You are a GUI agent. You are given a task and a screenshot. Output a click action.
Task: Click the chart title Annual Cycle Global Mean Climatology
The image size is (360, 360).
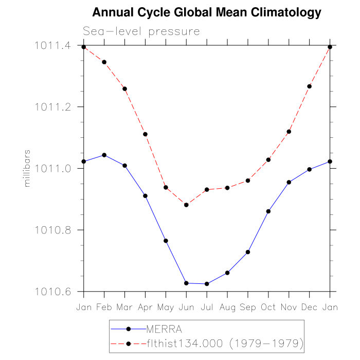click(x=206, y=12)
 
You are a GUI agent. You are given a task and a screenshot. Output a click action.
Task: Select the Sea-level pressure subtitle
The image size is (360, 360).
click(x=141, y=31)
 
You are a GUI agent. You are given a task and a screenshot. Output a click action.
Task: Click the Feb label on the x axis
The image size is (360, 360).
click(x=104, y=307)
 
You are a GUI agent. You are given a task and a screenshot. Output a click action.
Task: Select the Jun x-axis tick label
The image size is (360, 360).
click(x=186, y=307)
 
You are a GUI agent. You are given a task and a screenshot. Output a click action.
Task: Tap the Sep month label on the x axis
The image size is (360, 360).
click(x=248, y=307)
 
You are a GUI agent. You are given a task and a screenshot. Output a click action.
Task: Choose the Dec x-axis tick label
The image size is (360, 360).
click(x=309, y=307)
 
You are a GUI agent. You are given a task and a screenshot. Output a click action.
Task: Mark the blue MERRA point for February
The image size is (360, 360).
click(x=104, y=155)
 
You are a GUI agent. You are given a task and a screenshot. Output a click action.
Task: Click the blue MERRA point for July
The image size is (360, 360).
click(x=207, y=284)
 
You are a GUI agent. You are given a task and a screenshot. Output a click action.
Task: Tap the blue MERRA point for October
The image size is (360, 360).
click(x=268, y=211)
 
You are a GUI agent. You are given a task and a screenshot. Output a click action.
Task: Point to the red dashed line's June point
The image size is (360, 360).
click(x=186, y=205)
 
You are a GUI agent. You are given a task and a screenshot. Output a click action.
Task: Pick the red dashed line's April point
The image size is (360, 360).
click(x=146, y=134)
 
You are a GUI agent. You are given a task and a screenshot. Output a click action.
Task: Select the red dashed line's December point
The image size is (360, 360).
click(x=309, y=86)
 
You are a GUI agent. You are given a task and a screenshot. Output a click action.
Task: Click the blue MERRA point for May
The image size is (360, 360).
click(x=166, y=241)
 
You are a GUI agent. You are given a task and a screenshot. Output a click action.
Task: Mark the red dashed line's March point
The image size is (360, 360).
click(x=125, y=89)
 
